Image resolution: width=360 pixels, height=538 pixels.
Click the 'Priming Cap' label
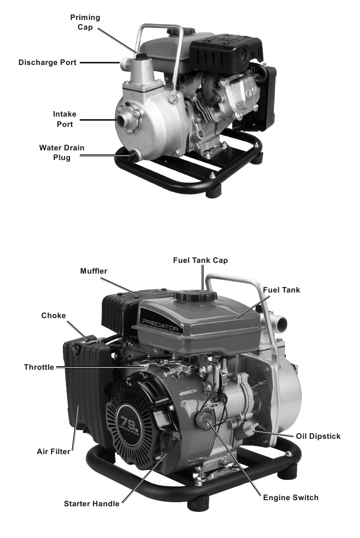pos(85,22)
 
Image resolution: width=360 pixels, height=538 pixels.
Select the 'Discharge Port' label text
pos(48,62)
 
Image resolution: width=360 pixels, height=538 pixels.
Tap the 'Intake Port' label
pos(64,119)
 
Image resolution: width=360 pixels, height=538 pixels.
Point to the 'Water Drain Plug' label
pos(62,152)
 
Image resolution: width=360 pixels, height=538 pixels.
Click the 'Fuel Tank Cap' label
pos(200,260)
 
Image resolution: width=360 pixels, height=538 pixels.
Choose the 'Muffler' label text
pos(94,271)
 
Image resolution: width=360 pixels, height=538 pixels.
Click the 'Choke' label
pos(54,316)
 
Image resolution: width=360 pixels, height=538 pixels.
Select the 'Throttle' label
pos(39,367)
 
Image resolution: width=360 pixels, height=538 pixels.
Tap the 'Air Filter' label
pos(53,452)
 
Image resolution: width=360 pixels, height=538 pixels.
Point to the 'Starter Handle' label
pos(92,504)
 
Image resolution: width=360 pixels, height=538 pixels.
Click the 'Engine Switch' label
pos(290,498)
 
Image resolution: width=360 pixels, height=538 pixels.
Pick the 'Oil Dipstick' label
pos(318,436)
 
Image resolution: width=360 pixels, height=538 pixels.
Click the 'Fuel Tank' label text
pos(281,290)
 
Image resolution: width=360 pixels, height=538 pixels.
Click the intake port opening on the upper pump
pos(124,120)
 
